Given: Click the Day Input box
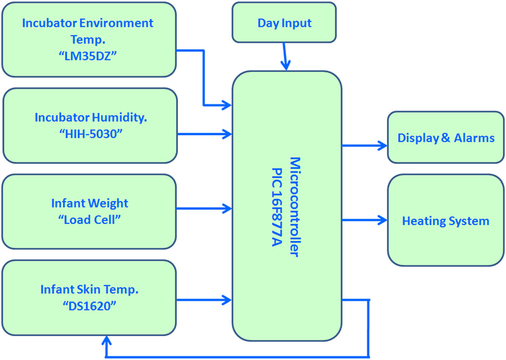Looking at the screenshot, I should (x=284, y=23).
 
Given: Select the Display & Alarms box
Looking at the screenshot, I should (x=446, y=138).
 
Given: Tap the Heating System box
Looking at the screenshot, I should (x=446, y=221).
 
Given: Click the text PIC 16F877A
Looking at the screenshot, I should (x=276, y=205).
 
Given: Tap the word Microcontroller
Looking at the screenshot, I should (x=294, y=205).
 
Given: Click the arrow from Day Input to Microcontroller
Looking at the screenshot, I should (x=285, y=56).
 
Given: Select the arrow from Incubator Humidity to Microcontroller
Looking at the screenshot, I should (x=205, y=134).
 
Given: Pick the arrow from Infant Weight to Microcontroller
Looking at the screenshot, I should (x=205, y=209).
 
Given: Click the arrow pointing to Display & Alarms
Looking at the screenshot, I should (x=364, y=146).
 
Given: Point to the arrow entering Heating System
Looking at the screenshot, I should (x=364, y=219).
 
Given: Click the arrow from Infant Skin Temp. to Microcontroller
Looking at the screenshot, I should (x=205, y=300).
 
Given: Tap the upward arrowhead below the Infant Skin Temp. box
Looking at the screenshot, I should (x=107, y=342).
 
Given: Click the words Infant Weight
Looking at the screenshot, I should (x=90, y=203).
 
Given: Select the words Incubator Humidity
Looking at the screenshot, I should (x=91, y=118).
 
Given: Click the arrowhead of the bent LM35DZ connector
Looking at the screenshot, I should (x=227, y=105).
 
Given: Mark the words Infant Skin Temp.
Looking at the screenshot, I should (x=89, y=289).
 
